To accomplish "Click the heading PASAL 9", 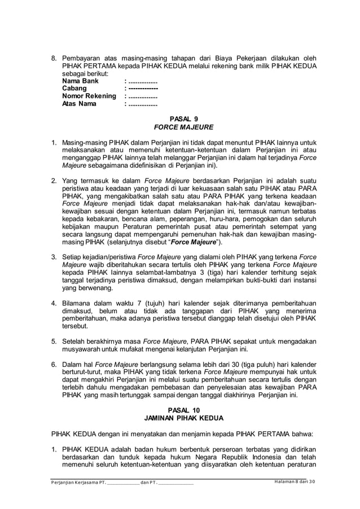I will [180, 119].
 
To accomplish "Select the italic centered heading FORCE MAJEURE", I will [180, 128].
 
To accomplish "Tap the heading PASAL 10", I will [180, 410].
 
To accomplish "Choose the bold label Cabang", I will [74, 89].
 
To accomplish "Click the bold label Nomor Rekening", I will [89, 96].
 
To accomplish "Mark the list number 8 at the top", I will [54, 58].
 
